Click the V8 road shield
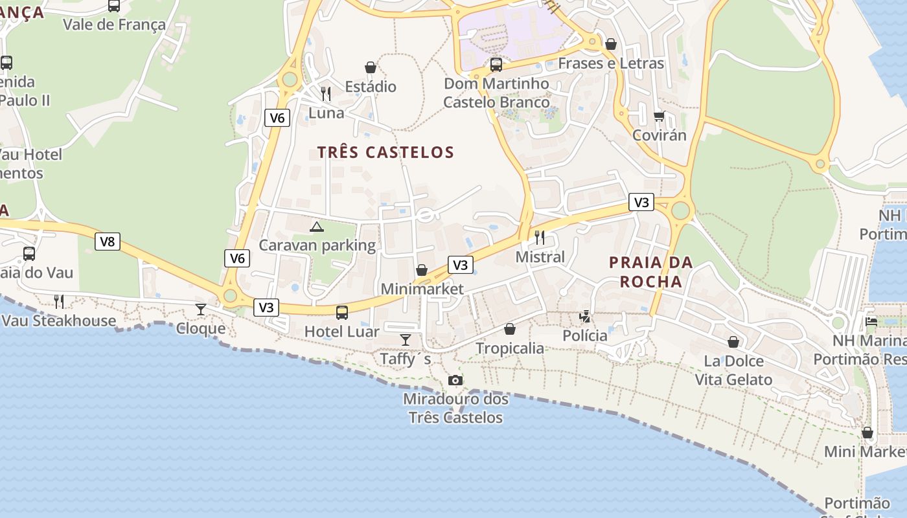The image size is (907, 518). coord(108,242)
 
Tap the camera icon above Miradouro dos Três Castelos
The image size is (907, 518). coord(455,380)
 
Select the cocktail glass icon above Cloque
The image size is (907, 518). coord(201,309)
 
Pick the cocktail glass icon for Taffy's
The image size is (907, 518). coord(406,339)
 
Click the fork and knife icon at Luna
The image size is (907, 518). coord(326,94)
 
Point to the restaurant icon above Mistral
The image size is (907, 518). coord(540,238)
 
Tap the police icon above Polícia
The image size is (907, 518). coord(585,316)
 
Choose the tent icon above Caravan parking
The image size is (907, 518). coord(316,227)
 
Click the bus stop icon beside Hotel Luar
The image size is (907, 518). coord(342,313)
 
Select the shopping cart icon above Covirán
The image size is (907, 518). coord(660,117)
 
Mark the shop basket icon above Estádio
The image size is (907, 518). coord(371,67)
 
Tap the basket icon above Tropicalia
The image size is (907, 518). coord(510,329)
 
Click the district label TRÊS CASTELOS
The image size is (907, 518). coord(385,153)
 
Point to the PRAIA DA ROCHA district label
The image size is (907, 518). coord(651,272)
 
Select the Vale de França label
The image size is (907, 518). coord(114,25)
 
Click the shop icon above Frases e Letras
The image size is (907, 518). coord(611,44)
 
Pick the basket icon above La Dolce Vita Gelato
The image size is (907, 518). coord(733,341)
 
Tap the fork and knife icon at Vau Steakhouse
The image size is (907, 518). coord(59,301)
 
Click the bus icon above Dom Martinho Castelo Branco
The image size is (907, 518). coord(496,64)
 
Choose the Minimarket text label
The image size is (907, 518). coord(422,289)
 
